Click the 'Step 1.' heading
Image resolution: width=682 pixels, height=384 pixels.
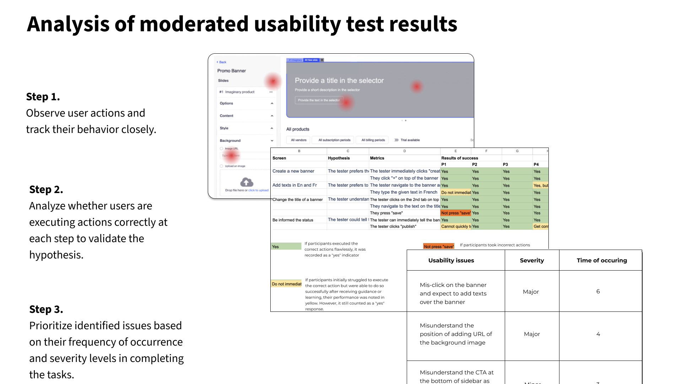[43, 97]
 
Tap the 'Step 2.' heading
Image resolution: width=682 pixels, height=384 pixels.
[46, 190]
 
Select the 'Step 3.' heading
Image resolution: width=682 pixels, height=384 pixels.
[46, 309]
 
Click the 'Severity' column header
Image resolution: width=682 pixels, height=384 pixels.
[532, 260]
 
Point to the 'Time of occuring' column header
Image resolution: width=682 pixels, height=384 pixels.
[602, 260]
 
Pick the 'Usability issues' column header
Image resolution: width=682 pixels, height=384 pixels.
[451, 260]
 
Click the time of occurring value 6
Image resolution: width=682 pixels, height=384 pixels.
[598, 292]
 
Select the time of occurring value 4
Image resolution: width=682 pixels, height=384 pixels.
[598, 334]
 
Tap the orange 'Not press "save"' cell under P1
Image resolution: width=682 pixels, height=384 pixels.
[456, 213]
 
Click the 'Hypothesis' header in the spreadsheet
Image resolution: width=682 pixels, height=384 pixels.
[339, 158]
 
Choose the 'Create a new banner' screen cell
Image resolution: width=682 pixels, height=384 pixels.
[293, 171]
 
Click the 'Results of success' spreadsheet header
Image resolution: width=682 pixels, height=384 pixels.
[460, 158]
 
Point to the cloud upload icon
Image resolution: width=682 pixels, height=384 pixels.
[247, 182]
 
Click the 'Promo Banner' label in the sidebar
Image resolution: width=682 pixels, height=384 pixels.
[232, 71]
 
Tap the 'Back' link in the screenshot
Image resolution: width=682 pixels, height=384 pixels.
[222, 62]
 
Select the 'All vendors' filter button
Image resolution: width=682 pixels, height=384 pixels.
[299, 140]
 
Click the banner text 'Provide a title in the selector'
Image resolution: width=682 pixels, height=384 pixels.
[339, 81]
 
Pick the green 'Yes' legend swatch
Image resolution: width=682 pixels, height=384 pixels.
[286, 246]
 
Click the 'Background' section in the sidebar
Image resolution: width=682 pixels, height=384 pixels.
[230, 141]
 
